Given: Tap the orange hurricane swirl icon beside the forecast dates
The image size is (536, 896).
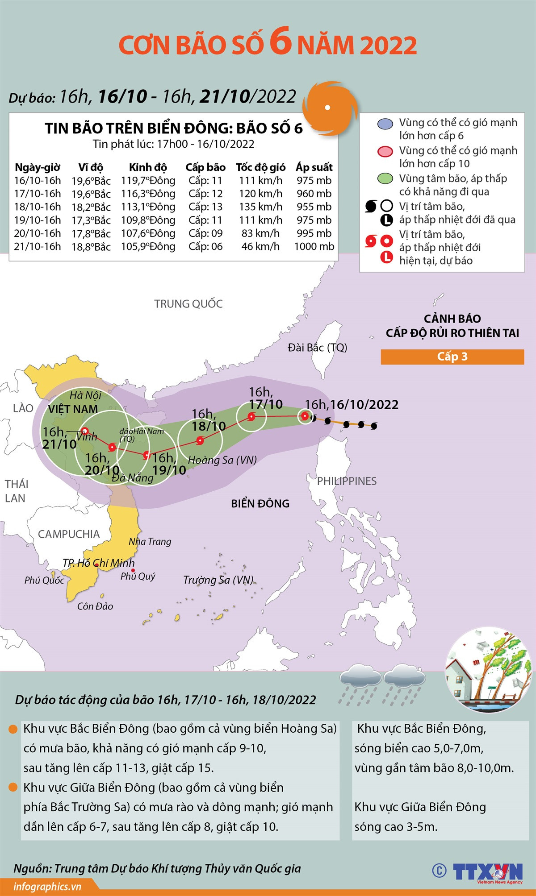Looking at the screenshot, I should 330,107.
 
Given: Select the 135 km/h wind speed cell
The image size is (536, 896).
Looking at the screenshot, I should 260,207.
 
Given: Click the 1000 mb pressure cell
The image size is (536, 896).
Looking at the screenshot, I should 314,246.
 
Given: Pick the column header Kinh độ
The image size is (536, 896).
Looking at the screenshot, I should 148,167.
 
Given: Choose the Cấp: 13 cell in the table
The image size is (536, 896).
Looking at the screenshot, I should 205,207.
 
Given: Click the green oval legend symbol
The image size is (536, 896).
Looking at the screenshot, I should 385,179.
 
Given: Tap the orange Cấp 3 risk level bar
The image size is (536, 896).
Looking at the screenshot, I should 452,357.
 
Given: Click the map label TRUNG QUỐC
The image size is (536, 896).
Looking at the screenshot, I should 188,304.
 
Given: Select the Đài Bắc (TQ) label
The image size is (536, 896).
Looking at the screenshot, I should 317,347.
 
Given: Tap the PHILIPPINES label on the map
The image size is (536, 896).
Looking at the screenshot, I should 347,481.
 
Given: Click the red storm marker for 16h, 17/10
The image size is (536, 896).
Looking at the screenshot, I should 251,417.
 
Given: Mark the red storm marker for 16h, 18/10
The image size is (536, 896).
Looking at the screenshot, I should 200,440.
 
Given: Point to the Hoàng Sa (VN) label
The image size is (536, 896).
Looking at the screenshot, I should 222,460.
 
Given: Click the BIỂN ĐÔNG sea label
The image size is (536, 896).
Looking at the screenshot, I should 260,503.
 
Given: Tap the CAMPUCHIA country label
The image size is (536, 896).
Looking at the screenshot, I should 68,534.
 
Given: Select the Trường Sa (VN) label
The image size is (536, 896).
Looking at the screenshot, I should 218,580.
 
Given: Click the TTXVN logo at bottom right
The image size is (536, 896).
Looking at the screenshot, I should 487,871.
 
